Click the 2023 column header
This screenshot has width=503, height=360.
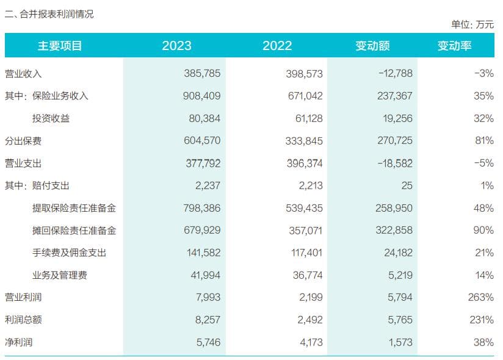coord(176,46)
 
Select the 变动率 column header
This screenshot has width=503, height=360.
coord(454,46)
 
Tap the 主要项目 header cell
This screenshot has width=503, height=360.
coord(60,46)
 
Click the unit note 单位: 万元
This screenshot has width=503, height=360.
coord(472,24)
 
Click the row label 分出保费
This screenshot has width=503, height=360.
coord(23,140)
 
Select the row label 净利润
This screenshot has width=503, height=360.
coord(18,342)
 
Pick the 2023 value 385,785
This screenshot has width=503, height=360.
coord(202,73)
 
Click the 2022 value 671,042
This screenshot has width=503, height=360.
coord(304,96)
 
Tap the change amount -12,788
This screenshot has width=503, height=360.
coord(396,73)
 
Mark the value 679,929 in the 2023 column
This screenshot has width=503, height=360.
coord(202,230)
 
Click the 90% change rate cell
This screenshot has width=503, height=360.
coord(483,230)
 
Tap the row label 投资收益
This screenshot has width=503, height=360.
coord(51,118)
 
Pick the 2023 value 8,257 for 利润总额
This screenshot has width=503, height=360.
coord(206,320)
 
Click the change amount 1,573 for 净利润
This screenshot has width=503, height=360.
coord(399,342)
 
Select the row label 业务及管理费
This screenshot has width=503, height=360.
coord(60,275)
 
